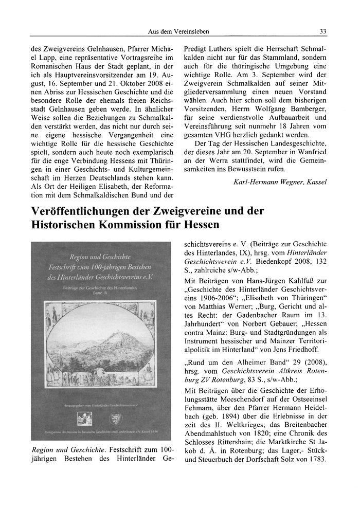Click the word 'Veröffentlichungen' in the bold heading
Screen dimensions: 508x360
[x=89, y=212]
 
